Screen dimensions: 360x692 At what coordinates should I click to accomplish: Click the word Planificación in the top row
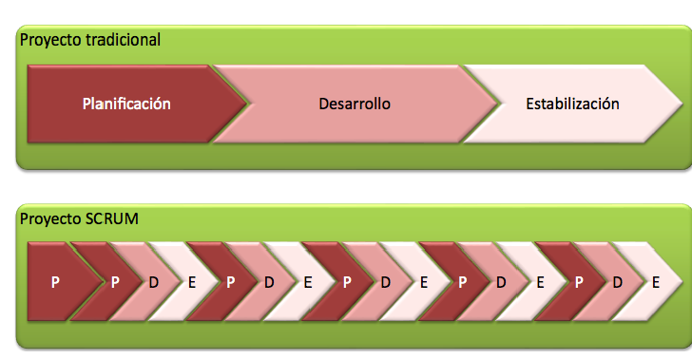click(126, 104)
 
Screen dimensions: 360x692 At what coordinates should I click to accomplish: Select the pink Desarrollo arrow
click(355, 104)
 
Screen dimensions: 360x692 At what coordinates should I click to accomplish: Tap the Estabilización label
click(572, 104)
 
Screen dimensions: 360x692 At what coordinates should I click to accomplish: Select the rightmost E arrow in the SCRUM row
click(656, 282)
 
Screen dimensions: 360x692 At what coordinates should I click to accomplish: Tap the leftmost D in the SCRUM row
click(154, 282)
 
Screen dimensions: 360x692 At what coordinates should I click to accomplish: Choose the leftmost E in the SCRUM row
click(192, 282)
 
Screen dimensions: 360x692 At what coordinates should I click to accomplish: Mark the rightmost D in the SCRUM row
click(618, 282)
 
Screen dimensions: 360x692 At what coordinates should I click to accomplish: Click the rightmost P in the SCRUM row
click(578, 282)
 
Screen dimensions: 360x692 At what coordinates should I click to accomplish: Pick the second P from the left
click(115, 282)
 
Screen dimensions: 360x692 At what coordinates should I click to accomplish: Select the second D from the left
click(269, 282)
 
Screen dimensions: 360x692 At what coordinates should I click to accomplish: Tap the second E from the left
click(307, 282)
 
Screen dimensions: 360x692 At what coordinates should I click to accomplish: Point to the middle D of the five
click(385, 282)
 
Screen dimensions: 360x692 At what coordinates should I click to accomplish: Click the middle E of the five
click(423, 282)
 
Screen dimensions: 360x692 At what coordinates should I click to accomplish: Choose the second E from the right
click(540, 282)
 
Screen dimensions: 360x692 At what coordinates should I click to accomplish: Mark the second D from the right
click(501, 282)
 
